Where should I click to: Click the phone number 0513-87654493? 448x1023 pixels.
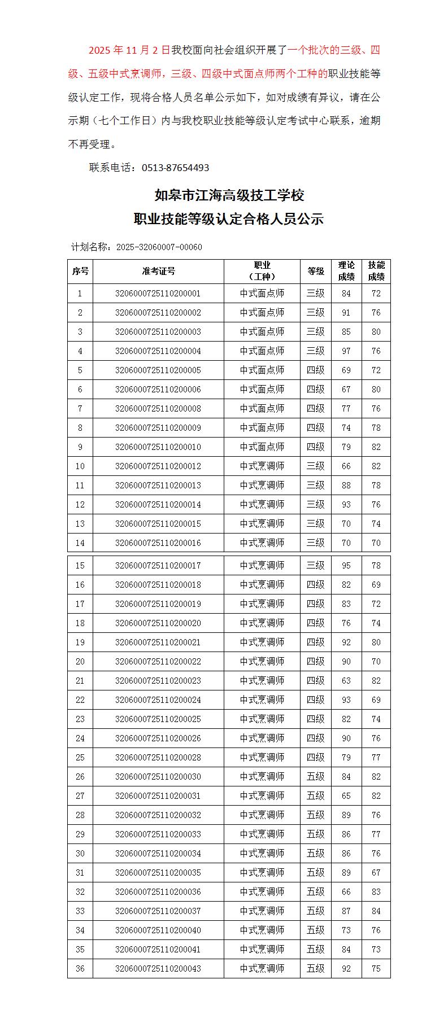(175, 168)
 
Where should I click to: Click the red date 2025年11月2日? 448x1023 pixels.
(129, 50)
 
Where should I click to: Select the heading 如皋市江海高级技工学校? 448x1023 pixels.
(229, 195)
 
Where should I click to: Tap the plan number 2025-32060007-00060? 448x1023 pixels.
(159, 247)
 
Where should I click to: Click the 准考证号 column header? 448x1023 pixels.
(158, 272)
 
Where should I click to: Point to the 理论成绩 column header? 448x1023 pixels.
(346, 272)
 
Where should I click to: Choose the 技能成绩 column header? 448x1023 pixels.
(376, 272)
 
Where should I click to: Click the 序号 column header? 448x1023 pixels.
(80, 272)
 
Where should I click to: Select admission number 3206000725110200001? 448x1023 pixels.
(158, 294)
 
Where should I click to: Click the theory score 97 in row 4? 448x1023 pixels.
(346, 351)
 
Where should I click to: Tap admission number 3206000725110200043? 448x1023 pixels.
(158, 968)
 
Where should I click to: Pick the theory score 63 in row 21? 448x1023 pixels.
(346, 680)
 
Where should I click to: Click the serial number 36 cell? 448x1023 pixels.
(80, 968)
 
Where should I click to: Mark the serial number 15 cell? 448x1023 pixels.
(80, 565)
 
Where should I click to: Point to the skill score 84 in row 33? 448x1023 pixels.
(376, 911)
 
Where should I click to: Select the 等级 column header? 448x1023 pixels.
(316, 272)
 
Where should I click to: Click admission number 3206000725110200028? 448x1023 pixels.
(158, 757)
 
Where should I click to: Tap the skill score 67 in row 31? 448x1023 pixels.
(376, 872)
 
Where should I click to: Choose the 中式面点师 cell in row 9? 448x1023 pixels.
(262, 447)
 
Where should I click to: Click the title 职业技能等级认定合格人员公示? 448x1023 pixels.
(229, 219)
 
